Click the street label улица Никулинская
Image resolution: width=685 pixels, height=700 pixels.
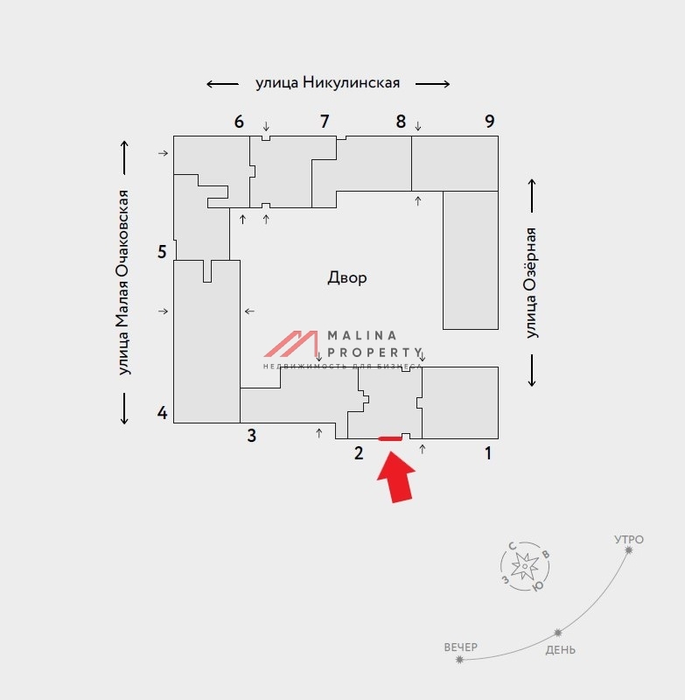pyautogui.click(x=327, y=83)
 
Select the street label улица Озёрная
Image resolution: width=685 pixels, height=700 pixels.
pyautogui.click(x=531, y=282)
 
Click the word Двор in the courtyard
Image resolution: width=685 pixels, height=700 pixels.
pyautogui.click(x=347, y=278)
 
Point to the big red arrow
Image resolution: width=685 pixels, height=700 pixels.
pyautogui.click(x=398, y=478)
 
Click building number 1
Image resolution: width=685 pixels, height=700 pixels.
pyautogui.click(x=488, y=453)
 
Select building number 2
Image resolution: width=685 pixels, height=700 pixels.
pyautogui.click(x=358, y=452)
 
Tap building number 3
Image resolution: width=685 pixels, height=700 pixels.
pyautogui.click(x=251, y=436)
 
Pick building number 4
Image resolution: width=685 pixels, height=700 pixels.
pyautogui.click(x=162, y=413)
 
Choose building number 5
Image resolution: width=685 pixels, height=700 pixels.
pyautogui.click(x=162, y=253)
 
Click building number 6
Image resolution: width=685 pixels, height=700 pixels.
pyautogui.click(x=239, y=122)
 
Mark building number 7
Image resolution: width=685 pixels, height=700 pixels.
pyautogui.click(x=324, y=122)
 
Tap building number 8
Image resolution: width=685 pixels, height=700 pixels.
pyautogui.click(x=401, y=122)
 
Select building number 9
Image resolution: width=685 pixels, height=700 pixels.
pyautogui.click(x=490, y=122)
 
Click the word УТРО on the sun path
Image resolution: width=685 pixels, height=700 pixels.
pyautogui.click(x=629, y=540)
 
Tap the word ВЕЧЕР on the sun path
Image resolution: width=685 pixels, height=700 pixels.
pyautogui.click(x=461, y=647)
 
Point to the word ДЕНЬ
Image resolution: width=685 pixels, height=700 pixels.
pyautogui.click(x=561, y=650)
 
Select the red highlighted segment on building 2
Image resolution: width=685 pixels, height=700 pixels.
pyautogui.click(x=389, y=438)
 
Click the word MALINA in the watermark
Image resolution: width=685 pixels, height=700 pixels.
pyautogui.click(x=361, y=335)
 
